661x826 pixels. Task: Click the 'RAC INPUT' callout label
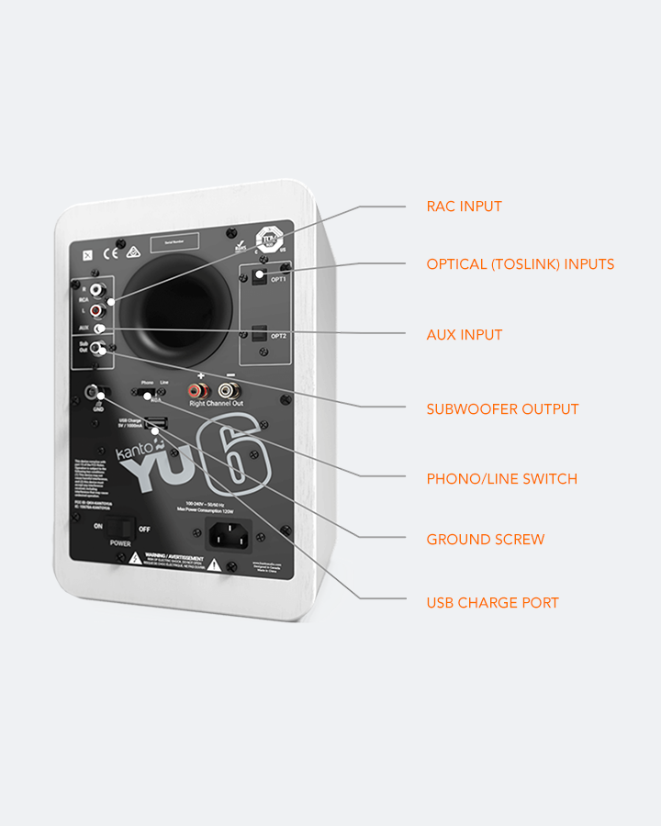464,206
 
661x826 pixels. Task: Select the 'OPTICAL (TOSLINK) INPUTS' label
520,264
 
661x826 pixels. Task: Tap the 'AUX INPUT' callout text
464,335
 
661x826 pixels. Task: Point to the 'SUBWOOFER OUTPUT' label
502,409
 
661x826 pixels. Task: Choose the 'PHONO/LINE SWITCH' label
501,479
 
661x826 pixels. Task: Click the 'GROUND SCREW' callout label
485,540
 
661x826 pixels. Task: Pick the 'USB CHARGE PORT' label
492,603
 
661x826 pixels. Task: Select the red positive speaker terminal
196,390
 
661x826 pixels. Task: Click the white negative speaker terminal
226,391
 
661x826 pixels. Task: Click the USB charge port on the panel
155,423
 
